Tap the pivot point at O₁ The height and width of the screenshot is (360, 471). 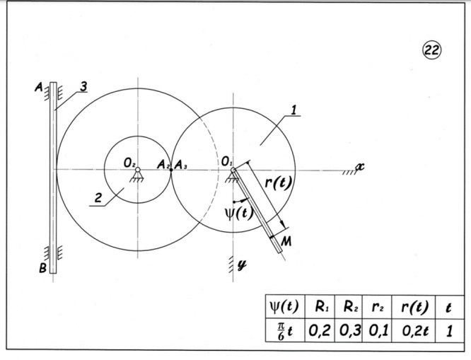coord(233,170)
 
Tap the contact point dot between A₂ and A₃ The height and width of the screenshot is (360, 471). coord(171,170)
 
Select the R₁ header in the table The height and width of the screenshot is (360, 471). coord(321,309)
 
